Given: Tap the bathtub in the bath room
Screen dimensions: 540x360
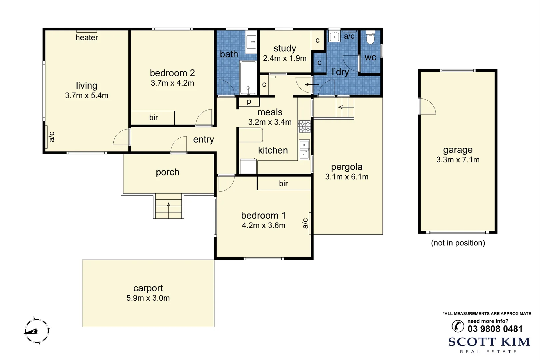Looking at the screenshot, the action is tap(248, 78).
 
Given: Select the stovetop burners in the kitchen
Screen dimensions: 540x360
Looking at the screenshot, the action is tap(304, 127).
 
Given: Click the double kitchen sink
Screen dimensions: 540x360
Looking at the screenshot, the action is tap(304, 150).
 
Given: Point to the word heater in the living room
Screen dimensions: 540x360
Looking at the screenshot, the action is tap(87, 37).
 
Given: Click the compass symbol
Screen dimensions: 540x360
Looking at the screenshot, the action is tap(37, 331).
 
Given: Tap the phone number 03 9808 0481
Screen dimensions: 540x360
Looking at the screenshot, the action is tap(495, 329).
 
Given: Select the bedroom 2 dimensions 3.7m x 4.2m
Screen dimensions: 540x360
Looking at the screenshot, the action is tap(172, 83).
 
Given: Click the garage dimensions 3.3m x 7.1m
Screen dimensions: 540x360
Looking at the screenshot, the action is tap(458, 160).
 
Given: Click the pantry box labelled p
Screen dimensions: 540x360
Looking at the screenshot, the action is tap(249, 102).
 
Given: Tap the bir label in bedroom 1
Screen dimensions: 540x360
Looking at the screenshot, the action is tap(283, 183).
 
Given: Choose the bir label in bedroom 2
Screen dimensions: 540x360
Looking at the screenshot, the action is tap(154, 117).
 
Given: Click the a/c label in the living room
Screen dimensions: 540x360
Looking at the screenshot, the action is tap(52, 137).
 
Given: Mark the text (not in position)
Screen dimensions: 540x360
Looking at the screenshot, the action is tap(458, 243).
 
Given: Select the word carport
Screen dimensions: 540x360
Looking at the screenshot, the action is tap(148, 288).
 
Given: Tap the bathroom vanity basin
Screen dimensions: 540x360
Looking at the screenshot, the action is tap(251, 42).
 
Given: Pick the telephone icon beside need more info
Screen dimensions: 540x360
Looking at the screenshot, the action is tap(458, 326).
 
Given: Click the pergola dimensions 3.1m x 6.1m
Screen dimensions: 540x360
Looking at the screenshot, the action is tap(347, 177).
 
